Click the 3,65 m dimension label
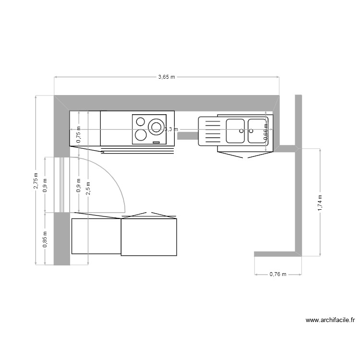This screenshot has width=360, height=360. tap(167, 77)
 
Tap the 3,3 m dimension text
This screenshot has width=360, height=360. tap(171, 129)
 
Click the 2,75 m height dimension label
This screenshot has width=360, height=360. tap(36, 180)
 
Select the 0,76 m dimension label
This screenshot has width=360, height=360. tap(277, 275)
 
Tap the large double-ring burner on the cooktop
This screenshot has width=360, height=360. tap(156, 127)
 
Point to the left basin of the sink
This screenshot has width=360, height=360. tap(235, 131)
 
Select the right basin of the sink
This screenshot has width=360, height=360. tap(257, 131)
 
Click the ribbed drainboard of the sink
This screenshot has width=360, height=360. tap(210, 131)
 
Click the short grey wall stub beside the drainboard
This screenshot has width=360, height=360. tap(188, 135)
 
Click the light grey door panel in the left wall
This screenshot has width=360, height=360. tap(62, 184)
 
